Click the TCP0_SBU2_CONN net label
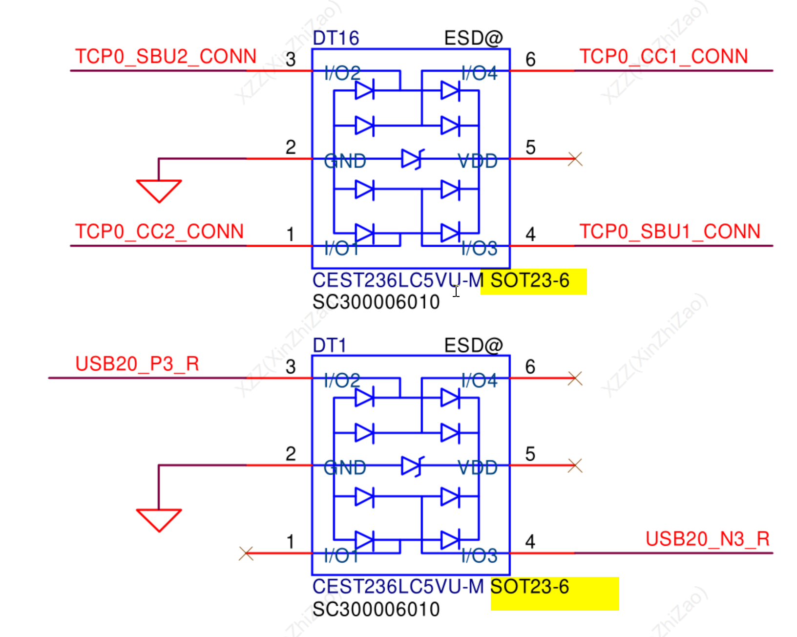coord(166,57)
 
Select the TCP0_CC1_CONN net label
coord(663,57)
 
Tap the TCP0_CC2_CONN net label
coord(159,232)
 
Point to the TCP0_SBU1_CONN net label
coord(670,232)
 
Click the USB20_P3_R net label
coord(137,364)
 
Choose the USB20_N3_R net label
coord(707,539)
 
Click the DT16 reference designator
coord(336,38)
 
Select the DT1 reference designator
coord(329,345)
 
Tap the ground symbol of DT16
coord(159,191)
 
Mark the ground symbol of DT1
coord(159,520)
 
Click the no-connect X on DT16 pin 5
coord(575,159)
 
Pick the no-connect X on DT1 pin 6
coord(575,378)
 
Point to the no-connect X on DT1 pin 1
coord(246,553)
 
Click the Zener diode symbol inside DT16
coord(412,159)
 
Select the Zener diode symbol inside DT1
coord(412,466)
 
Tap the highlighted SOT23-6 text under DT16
coord(530,281)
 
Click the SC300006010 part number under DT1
coord(376,610)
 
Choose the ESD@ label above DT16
coord(473,38)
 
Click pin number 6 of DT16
coord(530,60)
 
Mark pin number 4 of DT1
coord(530,542)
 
